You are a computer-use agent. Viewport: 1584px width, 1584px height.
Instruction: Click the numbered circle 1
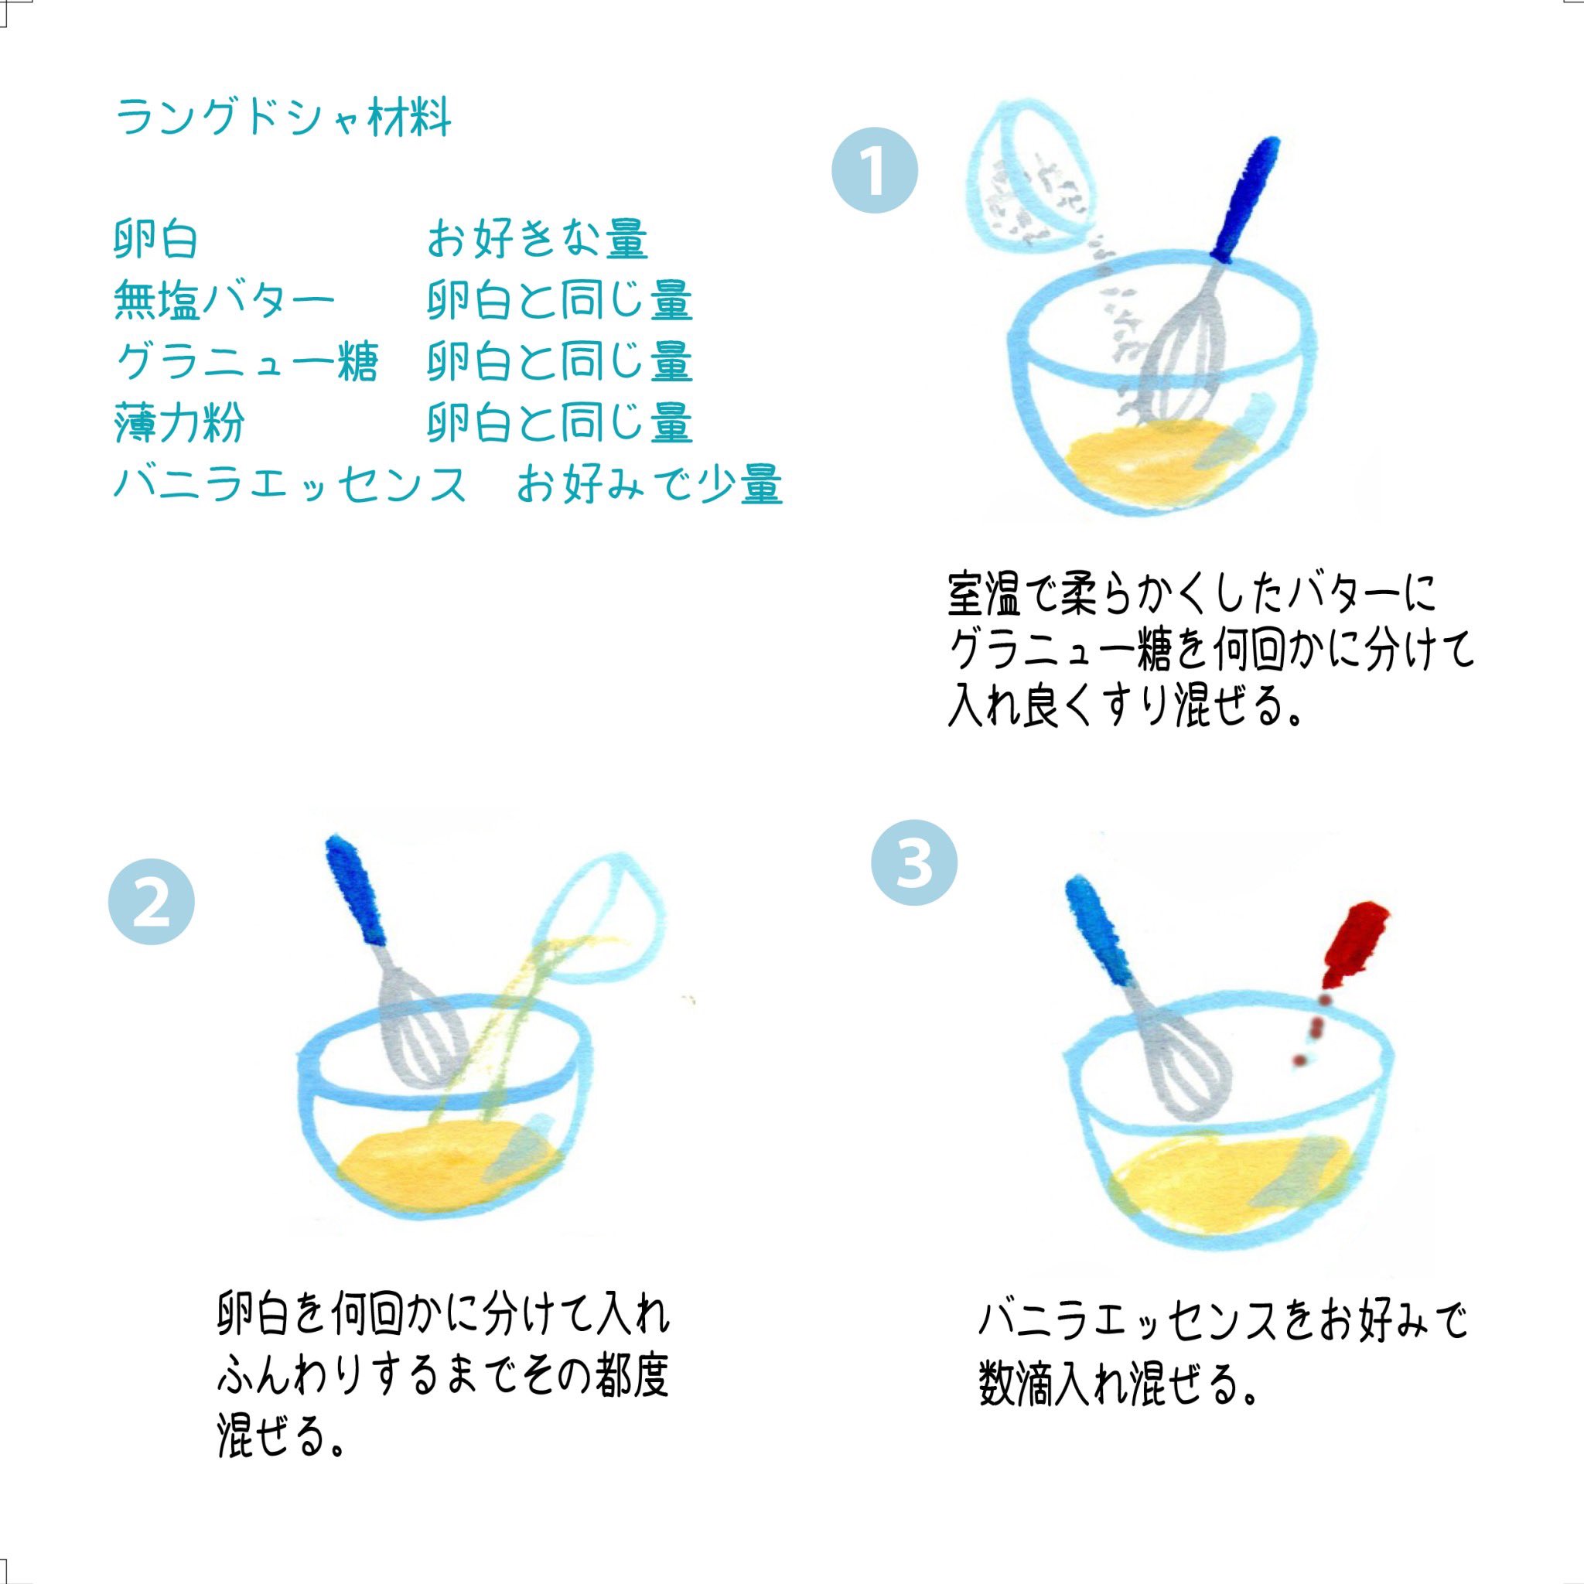(x=875, y=172)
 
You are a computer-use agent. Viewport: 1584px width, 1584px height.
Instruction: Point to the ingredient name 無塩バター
(x=224, y=301)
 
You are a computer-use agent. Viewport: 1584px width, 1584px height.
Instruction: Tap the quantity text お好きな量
(x=537, y=241)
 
